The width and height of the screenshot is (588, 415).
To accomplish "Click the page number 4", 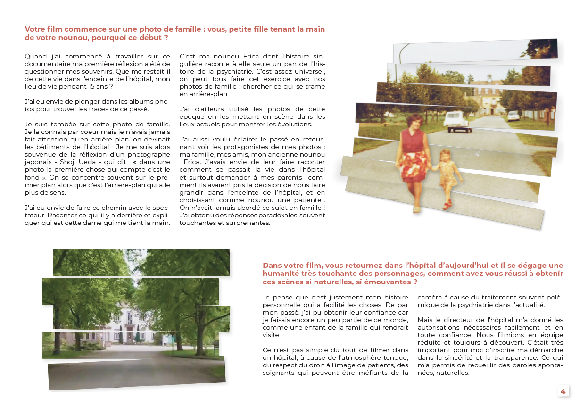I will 563,391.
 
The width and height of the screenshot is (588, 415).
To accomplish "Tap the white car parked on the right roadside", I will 513,115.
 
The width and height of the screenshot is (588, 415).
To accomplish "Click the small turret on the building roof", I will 489,77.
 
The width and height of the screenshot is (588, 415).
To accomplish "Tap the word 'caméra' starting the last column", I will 430,297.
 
